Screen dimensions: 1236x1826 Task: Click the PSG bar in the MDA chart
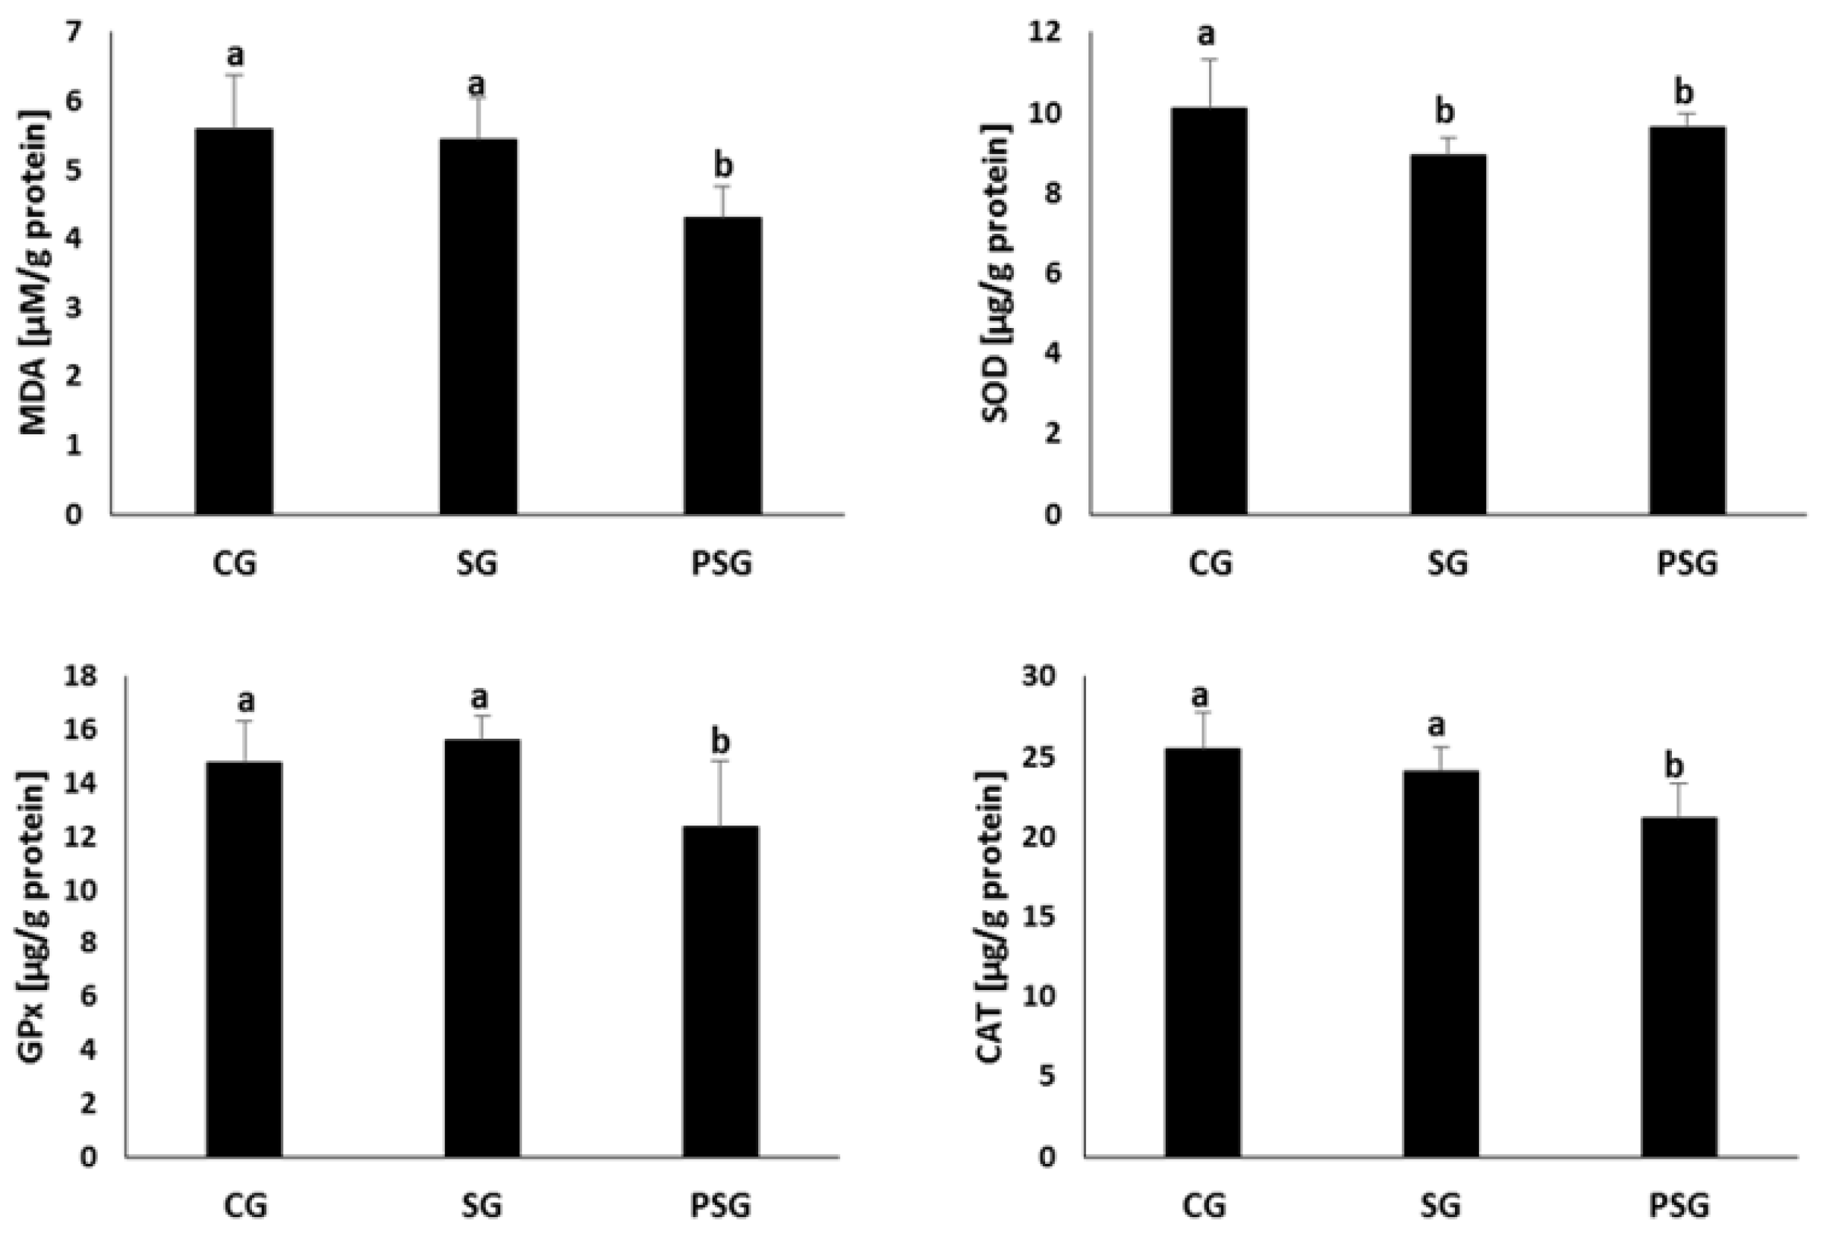722,365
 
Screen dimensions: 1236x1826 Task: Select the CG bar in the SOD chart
1208,311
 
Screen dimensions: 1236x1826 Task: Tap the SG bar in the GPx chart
482,947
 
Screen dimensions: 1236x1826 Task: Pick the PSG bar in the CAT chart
1679,986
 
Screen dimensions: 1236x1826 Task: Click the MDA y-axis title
33,273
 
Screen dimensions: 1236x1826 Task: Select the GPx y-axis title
33,917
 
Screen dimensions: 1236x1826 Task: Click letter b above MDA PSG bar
723,166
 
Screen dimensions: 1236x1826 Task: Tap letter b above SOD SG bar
1445,112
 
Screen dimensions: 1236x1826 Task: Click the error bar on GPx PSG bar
720,792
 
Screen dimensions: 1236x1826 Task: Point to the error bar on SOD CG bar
1208,83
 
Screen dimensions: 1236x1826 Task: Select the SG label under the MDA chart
477,564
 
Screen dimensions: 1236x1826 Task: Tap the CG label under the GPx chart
245,1206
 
